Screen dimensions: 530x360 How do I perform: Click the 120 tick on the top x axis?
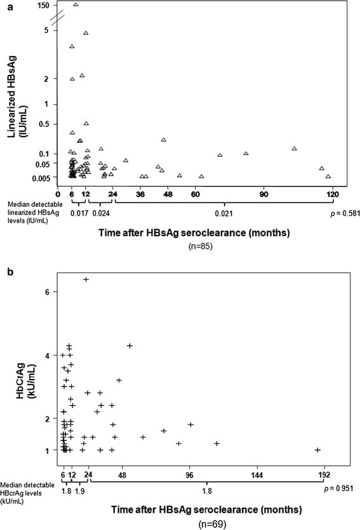331,194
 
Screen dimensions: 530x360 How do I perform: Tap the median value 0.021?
223,214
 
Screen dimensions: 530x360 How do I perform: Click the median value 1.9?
81,490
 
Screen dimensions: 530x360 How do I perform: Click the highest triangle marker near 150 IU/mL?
76,4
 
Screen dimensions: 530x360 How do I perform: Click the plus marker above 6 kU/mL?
86,279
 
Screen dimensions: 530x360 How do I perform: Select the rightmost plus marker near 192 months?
317,450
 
